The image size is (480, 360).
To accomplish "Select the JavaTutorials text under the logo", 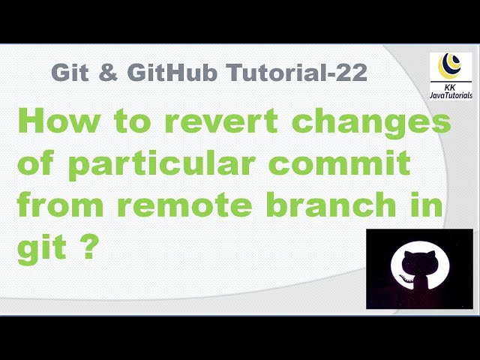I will [450, 94].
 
